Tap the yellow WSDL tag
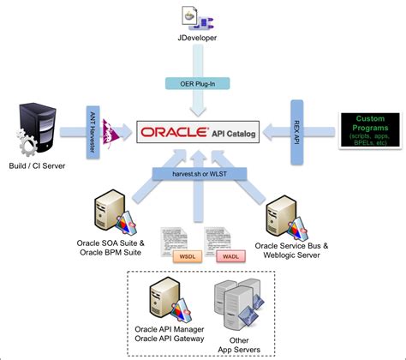tap(183, 255)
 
